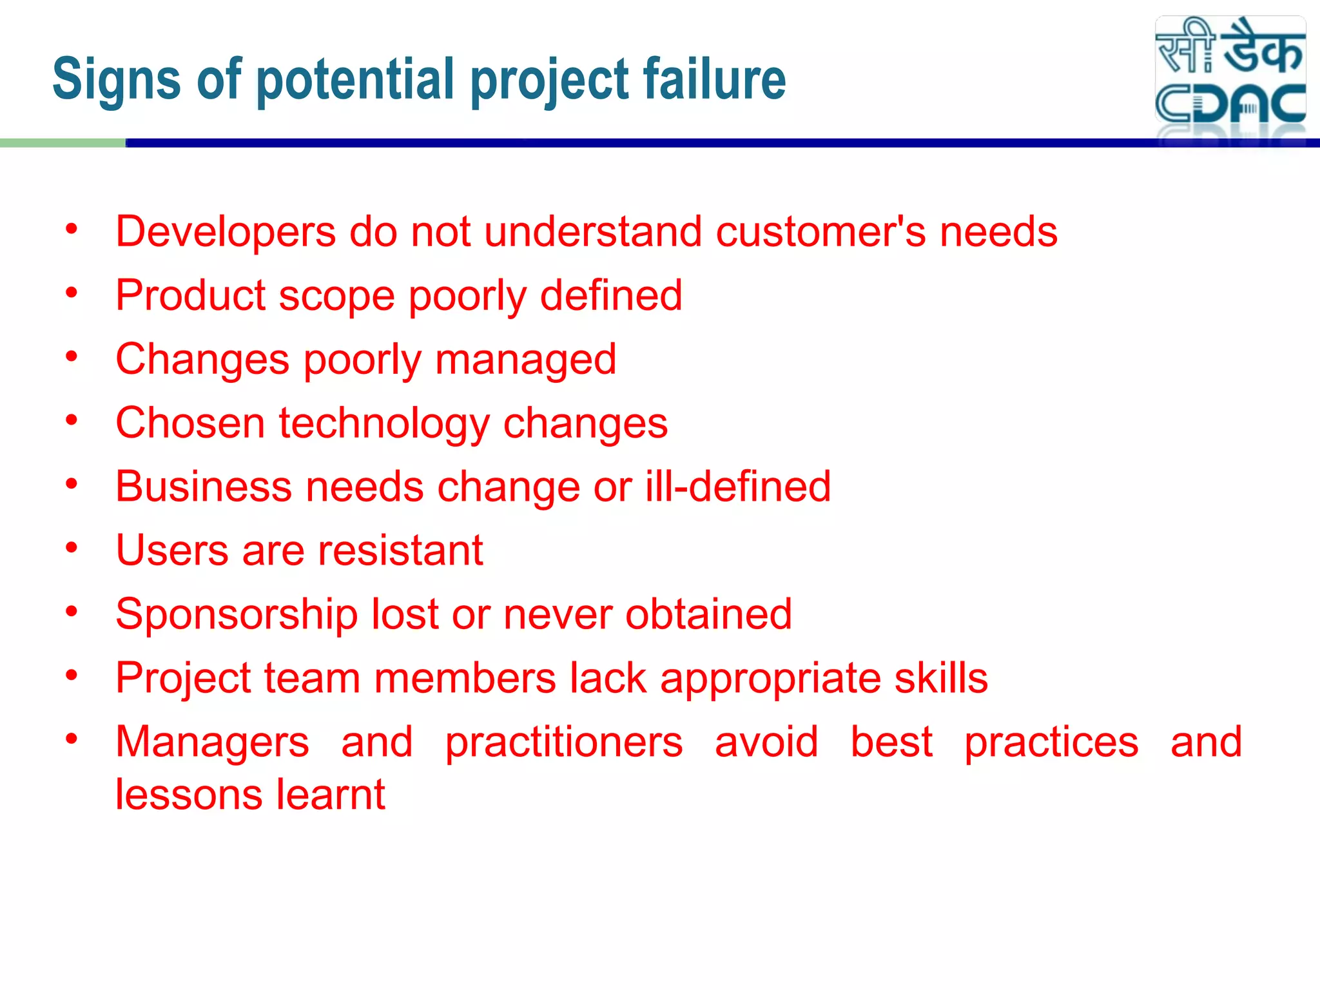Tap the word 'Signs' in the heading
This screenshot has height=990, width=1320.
click(x=116, y=80)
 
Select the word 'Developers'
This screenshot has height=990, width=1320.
click(x=226, y=232)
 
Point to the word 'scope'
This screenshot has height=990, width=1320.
click(x=336, y=296)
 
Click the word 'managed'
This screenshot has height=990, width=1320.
click(x=525, y=360)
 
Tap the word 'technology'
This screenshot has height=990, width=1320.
click(x=384, y=424)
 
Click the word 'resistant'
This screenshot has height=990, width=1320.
click(x=400, y=550)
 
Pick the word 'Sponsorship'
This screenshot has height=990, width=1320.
click(x=237, y=615)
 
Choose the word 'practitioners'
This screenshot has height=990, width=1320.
click(x=564, y=742)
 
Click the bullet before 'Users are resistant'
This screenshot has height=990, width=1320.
click(x=72, y=548)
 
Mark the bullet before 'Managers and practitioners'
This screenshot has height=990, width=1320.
click(x=72, y=739)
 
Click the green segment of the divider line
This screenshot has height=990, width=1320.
click(x=63, y=143)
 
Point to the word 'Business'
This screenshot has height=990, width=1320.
click(x=204, y=486)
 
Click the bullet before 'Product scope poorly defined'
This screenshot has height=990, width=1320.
click(x=72, y=293)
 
